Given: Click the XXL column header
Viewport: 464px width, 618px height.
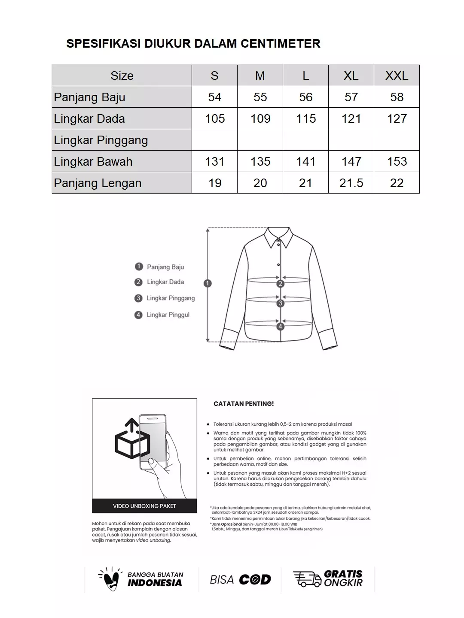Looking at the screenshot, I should pos(397,76).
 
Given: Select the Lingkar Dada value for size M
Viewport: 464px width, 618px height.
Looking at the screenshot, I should pos(260,118).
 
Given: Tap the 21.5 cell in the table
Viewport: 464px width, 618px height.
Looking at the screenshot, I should pos(351,183).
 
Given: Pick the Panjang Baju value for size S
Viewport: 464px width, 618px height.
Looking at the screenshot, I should pos(214,97).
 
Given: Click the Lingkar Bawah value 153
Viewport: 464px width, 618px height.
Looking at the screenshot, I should pos(397,161).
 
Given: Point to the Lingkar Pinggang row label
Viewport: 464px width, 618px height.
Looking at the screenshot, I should pos(101,140).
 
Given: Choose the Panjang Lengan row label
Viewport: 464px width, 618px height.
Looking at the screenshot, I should pos(98,183).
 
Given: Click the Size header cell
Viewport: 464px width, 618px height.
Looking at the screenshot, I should pos(122,76).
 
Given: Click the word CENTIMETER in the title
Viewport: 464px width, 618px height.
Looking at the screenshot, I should pos(280,43).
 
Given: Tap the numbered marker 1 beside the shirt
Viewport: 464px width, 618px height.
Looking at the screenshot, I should pos(208,283).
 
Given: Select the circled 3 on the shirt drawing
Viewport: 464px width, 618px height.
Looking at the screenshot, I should pos(281,303).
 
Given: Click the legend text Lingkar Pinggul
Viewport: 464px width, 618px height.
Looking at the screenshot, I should pos(168,315).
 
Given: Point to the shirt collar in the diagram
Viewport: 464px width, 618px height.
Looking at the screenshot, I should pos(278,238).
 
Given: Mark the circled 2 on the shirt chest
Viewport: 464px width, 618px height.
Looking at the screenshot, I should pos(281,284).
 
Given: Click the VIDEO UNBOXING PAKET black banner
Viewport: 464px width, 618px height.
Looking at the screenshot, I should pos(144,506).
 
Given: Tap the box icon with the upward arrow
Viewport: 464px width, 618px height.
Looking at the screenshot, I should pos(132,440).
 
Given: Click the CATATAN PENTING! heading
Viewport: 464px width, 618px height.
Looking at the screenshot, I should pos(244,404).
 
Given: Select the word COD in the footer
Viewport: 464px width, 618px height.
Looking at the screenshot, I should pos(255,580).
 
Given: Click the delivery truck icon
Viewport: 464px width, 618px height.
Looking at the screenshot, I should pos(307,579).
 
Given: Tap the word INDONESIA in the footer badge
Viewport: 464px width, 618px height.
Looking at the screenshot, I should pos(155,583).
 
